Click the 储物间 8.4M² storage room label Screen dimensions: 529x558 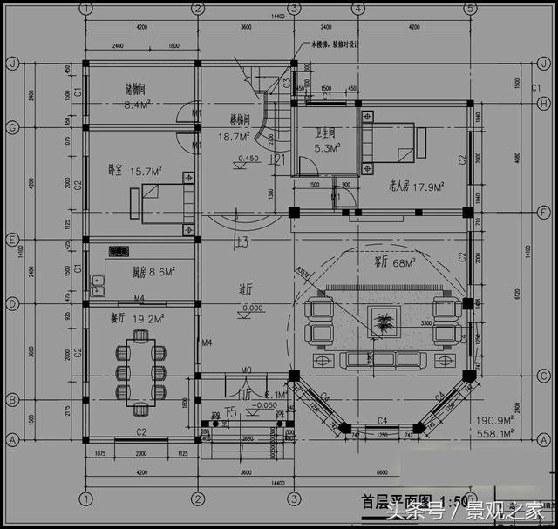point(138,96)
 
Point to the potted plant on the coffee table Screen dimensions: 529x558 point(382,324)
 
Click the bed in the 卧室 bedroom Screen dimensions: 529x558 point(161,202)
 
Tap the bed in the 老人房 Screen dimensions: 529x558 point(386,144)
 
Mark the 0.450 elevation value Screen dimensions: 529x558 point(248,159)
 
